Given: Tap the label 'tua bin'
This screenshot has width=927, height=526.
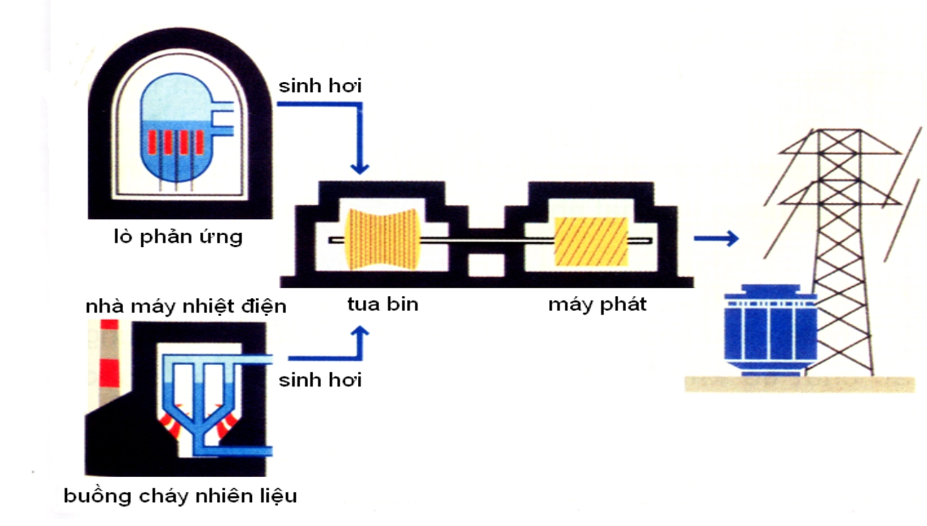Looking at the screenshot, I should (x=383, y=305).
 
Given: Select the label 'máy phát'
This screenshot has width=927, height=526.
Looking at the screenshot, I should (x=597, y=305).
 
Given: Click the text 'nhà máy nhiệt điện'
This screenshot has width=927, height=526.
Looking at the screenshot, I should (x=186, y=307).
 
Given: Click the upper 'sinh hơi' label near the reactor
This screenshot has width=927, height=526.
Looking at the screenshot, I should (x=319, y=86).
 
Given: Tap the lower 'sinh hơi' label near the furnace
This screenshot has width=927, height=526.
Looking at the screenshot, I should (x=319, y=380).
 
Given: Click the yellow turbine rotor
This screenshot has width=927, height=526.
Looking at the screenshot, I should (x=383, y=240).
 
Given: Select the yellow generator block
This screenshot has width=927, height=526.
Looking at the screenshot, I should (x=590, y=241).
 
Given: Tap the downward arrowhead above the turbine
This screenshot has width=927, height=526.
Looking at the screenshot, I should (x=361, y=168).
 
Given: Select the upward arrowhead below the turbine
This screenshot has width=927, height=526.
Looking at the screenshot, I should (x=361, y=332).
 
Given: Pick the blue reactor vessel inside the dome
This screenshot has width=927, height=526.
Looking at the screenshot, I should (x=174, y=132).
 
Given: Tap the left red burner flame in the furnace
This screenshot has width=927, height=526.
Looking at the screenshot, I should (x=171, y=421).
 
